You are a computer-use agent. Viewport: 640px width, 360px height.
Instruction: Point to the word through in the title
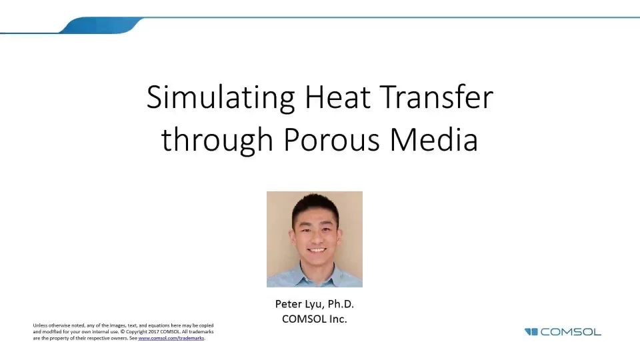pos(217,141)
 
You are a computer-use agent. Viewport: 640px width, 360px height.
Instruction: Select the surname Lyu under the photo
pos(317,305)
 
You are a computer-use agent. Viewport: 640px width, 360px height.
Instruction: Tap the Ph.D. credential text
pos(343,304)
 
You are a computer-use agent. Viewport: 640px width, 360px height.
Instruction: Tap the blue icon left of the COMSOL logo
pos(531,332)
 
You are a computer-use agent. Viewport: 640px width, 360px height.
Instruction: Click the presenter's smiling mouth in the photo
pos(317,251)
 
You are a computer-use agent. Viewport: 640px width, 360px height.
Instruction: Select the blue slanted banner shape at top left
pos(100,26)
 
